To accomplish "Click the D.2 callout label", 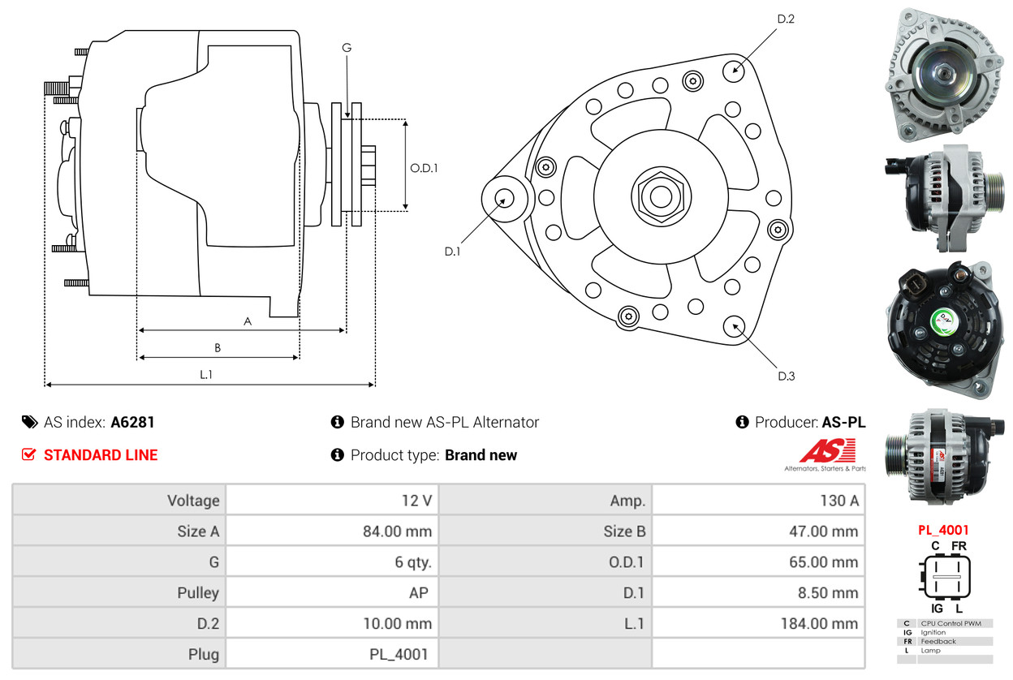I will click(785, 19).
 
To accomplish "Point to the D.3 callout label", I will click(786, 376).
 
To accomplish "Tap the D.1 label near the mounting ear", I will click(452, 252).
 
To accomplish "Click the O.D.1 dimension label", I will click(424, 168).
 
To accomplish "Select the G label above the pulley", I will click(347, 48).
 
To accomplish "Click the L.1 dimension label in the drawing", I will click(206, 374).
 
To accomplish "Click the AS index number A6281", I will click(132, 422).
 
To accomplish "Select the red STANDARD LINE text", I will click(101, 455).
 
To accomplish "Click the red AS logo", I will click(827, 451).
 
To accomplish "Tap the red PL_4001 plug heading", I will click(943, 530).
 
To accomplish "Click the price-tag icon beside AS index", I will click(29, 422).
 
